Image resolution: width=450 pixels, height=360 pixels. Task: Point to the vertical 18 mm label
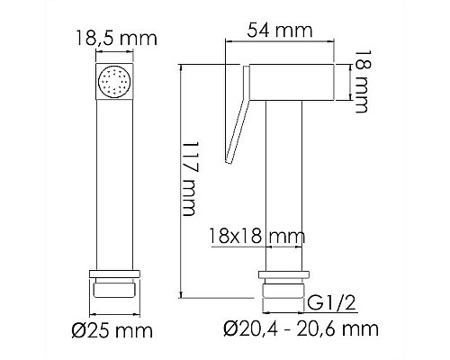pyautogui.click(x=361, y=84)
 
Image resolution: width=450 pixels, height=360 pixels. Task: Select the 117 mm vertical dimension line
pyautogui.click(x=181, y=180)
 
